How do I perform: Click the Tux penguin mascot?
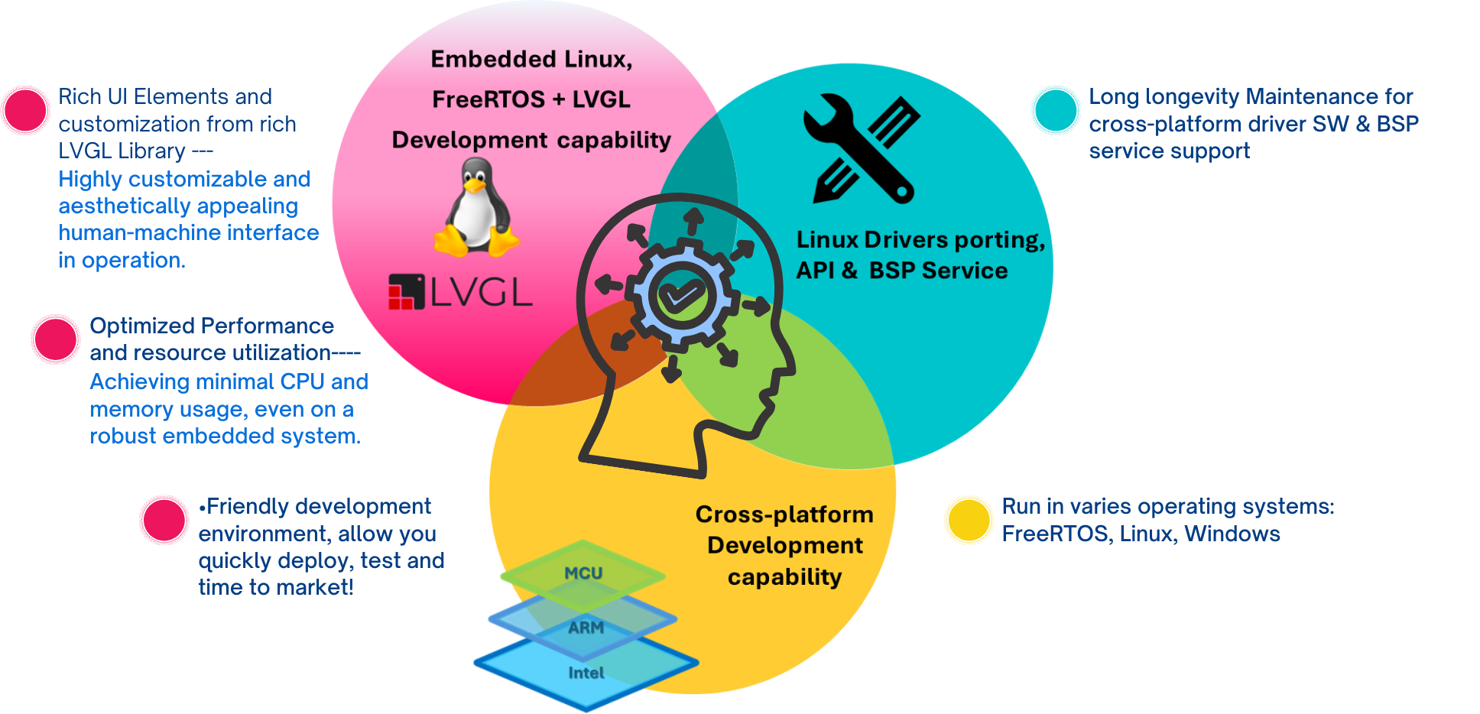477,208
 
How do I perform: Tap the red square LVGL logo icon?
406,292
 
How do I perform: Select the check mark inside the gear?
681,295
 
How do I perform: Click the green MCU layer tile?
583,573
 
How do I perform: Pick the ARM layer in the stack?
586,628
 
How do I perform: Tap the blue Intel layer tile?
586,673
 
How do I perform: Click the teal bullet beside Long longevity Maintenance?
1056,111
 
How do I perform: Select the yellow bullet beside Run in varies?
969,520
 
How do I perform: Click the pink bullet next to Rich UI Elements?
26,111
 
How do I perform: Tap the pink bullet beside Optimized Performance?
56,339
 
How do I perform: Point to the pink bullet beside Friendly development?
164,521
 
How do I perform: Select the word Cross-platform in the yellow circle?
784,514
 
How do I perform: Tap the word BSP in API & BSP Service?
892,271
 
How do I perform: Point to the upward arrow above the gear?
693,220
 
